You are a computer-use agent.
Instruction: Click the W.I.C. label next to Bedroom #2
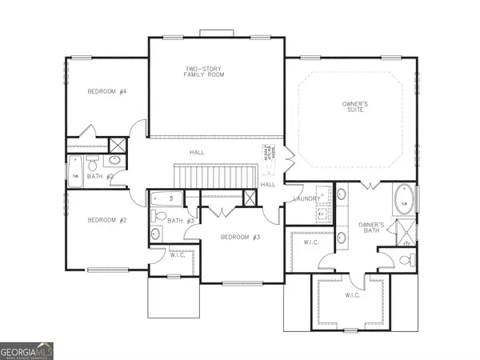click(x=178, y=254)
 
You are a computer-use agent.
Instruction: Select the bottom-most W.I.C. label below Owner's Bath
click(x=353, y=295)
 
